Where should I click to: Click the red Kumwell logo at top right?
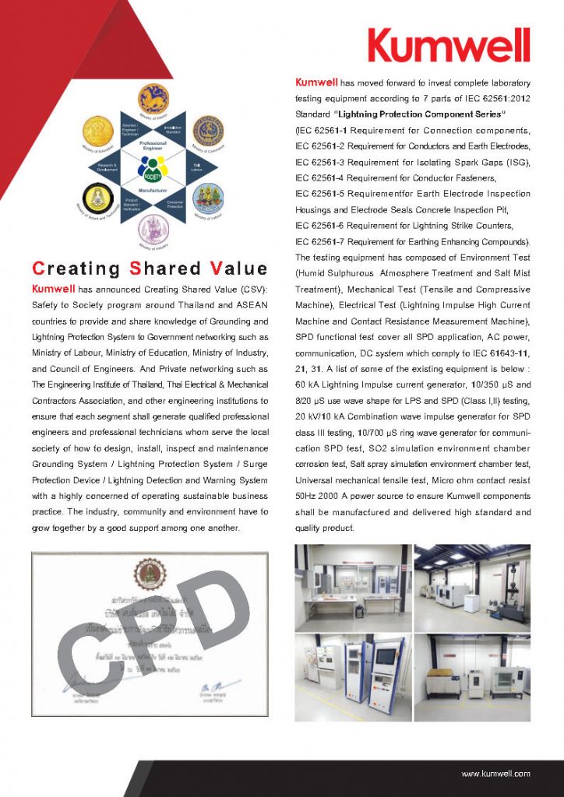(449, 44)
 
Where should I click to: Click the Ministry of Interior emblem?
(153, 99)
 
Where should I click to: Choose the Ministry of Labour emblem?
(208, 199)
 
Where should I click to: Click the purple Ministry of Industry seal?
(153, 230)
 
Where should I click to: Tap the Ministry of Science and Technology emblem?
(99, 199)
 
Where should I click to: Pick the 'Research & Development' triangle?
(108, 166)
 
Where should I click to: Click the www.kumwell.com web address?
(495, 774)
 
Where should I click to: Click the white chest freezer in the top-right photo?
(474, 601)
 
